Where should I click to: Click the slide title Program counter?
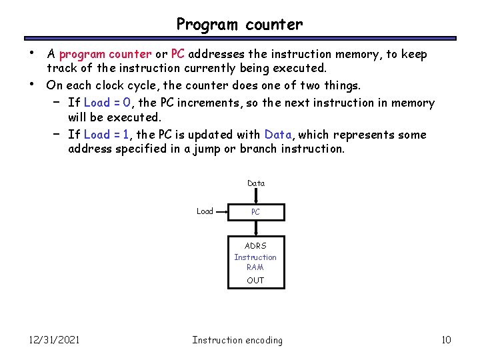tap(239, 25)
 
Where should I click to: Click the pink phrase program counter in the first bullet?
tap(105, 54)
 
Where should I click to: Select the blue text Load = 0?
tap(111, 103)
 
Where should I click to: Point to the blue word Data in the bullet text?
tap(279, 135)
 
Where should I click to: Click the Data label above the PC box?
tap(255, 183)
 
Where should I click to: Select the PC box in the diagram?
tap(256, 212)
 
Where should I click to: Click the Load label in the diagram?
tap(205, 211)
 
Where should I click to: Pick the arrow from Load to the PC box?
tap(221, 212)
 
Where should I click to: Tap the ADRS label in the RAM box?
tap(255, 246)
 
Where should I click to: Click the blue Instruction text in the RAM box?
tap(255, 257)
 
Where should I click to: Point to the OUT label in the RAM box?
tap(255, 281)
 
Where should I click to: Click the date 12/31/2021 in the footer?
tap(54, 340)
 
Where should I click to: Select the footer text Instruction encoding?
tap(237, 340)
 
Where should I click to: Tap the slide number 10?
tap(446, 340)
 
